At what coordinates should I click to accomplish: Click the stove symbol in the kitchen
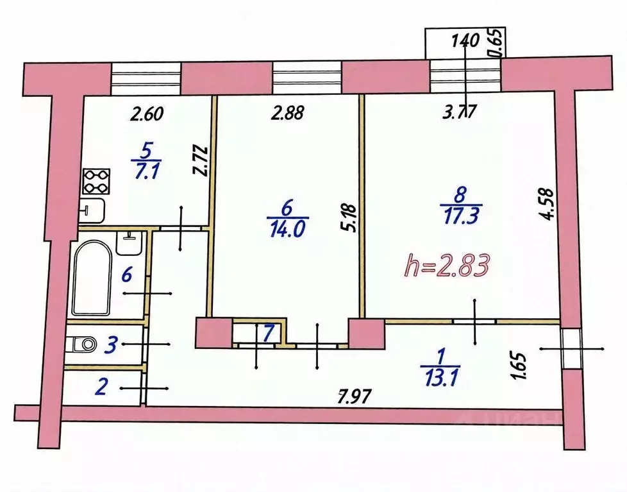95,182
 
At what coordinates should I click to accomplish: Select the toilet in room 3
82,344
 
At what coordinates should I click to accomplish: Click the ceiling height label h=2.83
449,264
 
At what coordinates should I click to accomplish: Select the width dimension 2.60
147,115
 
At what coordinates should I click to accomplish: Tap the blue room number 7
270,333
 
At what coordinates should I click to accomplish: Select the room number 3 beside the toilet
110,346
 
